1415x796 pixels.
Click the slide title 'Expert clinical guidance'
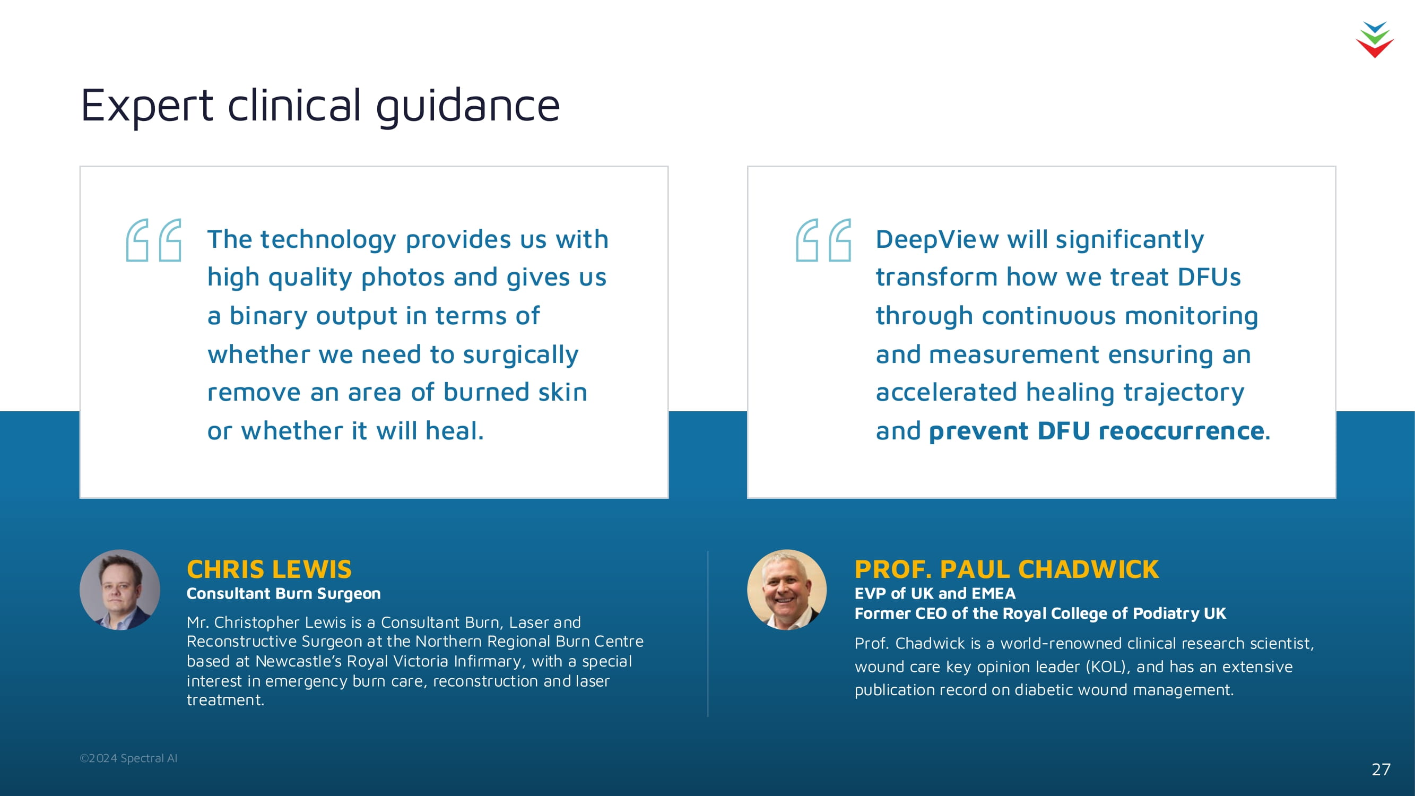coord(320,106)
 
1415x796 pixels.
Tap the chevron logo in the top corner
coord(1374,40)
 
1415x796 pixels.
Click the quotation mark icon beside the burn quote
coord(154,240)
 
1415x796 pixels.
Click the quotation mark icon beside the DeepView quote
coord(823,240)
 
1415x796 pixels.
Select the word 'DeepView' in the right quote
coord(937,239)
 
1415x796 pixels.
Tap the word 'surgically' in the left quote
coord(520,355)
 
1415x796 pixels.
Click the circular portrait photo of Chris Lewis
coord(120,590)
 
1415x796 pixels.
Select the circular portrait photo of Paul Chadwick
coord(787,590)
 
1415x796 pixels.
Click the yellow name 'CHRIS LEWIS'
coord(269,569)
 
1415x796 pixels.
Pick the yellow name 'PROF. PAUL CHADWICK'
coord(1006,569)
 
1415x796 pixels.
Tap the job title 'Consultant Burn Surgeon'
coord(283,593)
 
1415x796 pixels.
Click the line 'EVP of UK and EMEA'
coord(935,593)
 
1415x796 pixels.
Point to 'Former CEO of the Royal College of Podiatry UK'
coord(1040,613)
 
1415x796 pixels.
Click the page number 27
coord(1381,769)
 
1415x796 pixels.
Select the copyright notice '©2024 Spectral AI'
coord(128,758)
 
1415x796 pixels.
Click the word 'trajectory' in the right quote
coord(1184,393)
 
